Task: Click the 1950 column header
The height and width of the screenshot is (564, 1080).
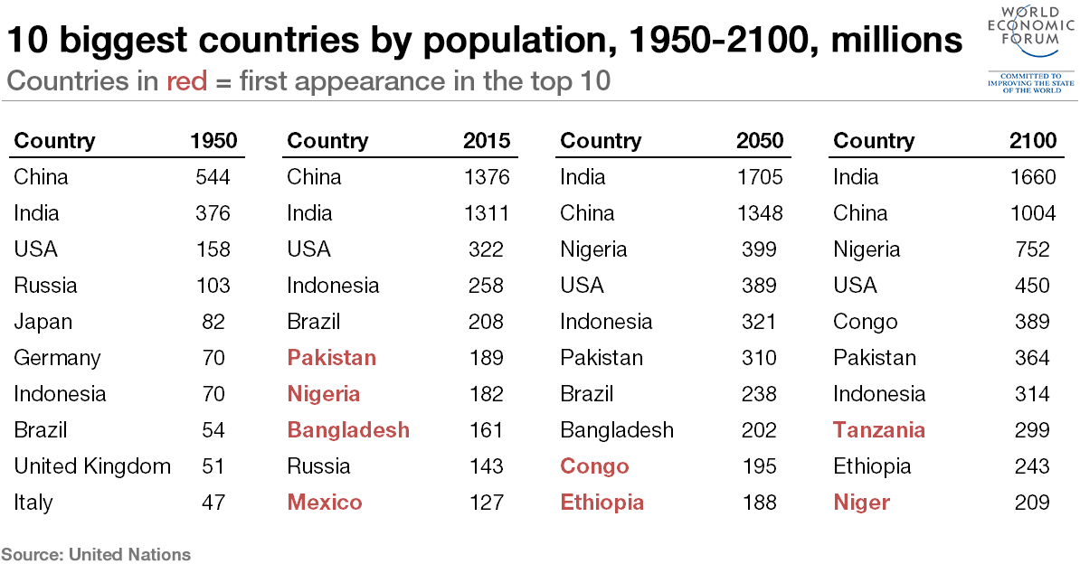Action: point(213,141)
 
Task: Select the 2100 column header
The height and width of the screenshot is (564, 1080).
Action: point(1033,141)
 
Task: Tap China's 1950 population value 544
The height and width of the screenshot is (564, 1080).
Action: point(213,177)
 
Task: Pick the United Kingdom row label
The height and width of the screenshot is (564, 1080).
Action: point(92,466)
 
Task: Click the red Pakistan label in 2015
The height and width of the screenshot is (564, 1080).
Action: point(331,358)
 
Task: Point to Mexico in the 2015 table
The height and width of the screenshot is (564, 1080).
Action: point(325,503)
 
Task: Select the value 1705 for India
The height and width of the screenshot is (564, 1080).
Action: point(760,177)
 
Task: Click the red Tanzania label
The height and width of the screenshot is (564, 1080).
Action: point(879,430)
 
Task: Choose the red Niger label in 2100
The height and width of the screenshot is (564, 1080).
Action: point(862,503)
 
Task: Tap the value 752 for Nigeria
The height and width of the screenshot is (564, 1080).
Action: point(1033,249)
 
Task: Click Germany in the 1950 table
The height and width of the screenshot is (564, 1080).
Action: point(57,358)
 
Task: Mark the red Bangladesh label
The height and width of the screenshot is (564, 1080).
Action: point(348,430)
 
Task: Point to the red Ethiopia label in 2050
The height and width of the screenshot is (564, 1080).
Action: point(602,503)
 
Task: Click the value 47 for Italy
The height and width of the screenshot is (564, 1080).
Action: point(213,503)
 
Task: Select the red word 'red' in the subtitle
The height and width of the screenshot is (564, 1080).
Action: point(186,81)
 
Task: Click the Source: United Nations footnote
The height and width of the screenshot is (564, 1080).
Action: point(96,554)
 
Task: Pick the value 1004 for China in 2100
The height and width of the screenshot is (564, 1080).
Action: point(1033,213)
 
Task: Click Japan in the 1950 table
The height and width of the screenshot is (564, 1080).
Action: point(43,322)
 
